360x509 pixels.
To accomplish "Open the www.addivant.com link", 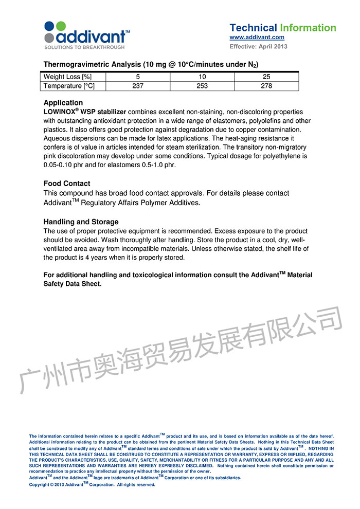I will [257, 38].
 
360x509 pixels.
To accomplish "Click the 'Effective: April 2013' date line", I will [258, 47].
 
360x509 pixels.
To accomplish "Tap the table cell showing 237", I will [138, 86].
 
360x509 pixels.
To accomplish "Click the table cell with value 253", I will [202, 86].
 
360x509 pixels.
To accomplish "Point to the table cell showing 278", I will [266, 86].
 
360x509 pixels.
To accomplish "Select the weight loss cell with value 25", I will [266, 77].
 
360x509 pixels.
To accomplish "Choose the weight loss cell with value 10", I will [202, 77].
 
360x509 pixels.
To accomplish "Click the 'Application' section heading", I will [63, 103].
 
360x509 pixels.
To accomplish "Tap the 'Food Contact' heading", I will [67, 184].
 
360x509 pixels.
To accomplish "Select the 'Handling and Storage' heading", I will [81, 222].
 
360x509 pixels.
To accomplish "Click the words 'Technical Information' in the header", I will [282, 28].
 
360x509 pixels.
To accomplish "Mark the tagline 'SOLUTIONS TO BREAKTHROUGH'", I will [84, 47].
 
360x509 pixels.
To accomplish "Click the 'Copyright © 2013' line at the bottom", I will [92, 484].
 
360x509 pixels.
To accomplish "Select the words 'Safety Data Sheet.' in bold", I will [73, 284].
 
